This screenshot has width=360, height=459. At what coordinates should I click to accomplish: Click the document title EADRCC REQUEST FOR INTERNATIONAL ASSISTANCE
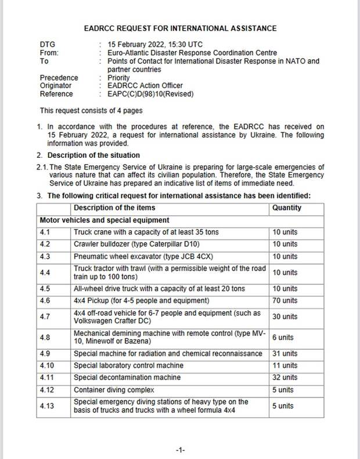tap(180, 28)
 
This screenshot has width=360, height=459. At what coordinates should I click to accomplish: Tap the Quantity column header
tap(287, 208)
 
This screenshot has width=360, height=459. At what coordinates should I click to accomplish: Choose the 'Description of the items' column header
tap(114, 208)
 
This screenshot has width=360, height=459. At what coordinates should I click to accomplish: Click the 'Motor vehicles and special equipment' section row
tap(105, 221)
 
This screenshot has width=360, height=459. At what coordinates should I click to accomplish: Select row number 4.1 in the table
tap(45, 232)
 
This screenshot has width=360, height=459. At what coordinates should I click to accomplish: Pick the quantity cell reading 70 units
tap(285, 301)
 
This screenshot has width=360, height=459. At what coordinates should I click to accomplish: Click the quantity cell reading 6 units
tap(283, 337)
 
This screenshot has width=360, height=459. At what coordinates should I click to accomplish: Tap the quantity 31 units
tap(285, 353)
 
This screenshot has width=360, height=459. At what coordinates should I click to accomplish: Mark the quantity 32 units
tap(285, 377)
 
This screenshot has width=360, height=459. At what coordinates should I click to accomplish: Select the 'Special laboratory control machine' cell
tap(129, 366)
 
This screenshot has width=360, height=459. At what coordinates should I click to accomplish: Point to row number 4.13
tap(47, 406)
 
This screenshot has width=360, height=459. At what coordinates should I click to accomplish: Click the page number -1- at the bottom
tap(180, 450)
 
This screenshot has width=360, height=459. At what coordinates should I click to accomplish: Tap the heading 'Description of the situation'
tap(93, 155)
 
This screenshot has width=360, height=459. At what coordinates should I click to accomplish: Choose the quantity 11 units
tap(285, 366)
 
